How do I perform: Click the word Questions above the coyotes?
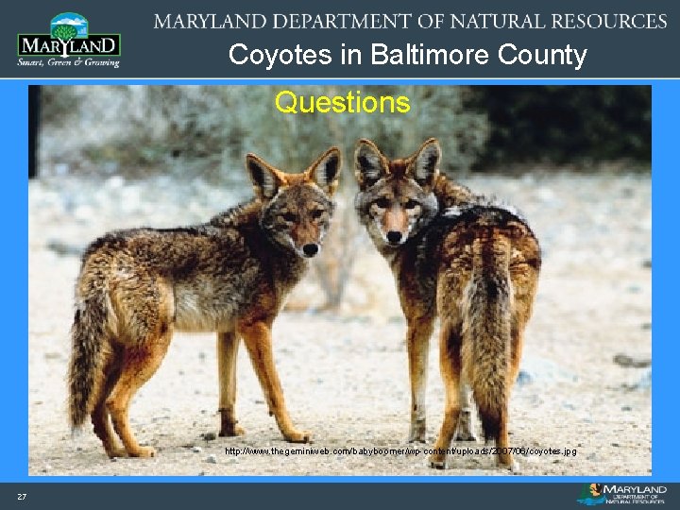(x=342, y=102)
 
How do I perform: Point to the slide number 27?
(x=21, y=497)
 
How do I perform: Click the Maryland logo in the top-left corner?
(x=68, y=40)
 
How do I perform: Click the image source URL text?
(x=400, y=451)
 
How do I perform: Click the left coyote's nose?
(x=309, y=250)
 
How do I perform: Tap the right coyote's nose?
(x=391, y=235)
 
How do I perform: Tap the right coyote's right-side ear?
(x=425, y=161)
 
